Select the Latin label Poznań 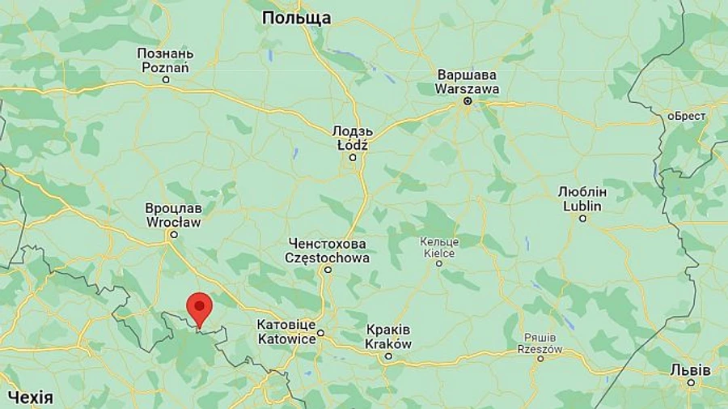165,67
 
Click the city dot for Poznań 166,79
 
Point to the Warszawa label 467,89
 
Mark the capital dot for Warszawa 467,101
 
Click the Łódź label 352,145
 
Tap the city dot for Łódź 352,157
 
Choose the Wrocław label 173,221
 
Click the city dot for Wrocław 171,234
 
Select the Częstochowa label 328,258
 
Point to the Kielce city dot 439,262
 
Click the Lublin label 583,206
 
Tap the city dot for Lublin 582,218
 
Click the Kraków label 388,343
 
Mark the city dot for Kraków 388,356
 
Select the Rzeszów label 540,348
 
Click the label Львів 690,369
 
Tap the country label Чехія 31,397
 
